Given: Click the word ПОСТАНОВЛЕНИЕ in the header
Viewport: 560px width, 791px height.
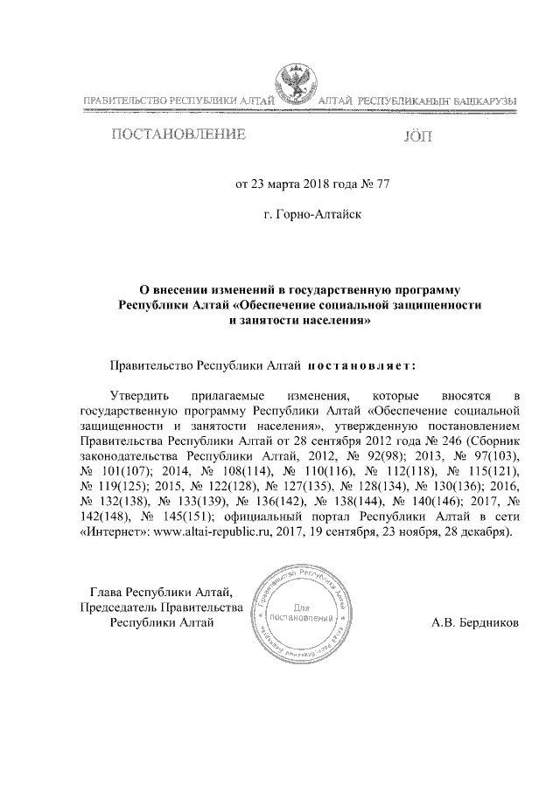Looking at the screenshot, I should (x=177, y=135).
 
